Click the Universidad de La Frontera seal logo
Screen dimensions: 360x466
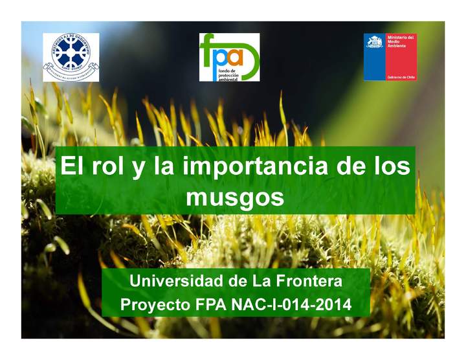click(x=71, y=57)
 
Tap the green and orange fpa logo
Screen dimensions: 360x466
click(x=229, y=57)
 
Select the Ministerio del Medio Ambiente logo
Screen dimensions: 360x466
click(x=390, y=57)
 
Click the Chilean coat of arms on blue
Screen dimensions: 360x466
click(x=374, y=44)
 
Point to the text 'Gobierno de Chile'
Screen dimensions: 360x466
click(x=401, y=76)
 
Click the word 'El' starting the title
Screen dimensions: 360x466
click(x=71, y=167)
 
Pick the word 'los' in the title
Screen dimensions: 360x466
click(x=392, y=167)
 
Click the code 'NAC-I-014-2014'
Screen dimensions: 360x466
click(x=291, y=304)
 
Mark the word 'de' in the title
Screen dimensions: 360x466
click(x=353, y=167)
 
